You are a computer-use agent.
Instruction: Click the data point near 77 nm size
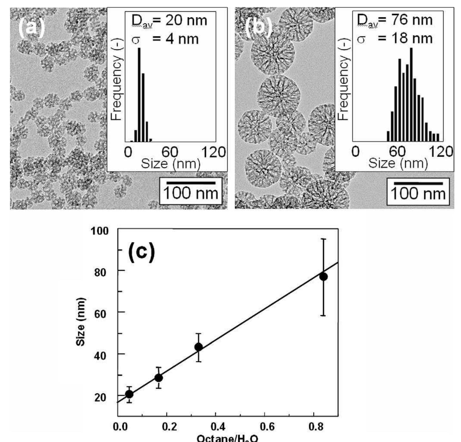click(323, 277)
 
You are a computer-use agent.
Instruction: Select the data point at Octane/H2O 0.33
click(199, 347)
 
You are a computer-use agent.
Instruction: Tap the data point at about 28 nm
click(158, 378)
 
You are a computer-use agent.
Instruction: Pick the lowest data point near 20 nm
click(129, 394)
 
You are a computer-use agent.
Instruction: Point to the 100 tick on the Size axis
click(99, 231)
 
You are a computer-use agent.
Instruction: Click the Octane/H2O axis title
click(228, 438)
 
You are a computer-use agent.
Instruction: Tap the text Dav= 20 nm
click(169, 21)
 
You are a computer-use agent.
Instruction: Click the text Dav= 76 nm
click(395, 20)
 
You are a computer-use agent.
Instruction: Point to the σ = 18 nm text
click(395, 39)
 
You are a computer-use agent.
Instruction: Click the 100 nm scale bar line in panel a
click(191, 183)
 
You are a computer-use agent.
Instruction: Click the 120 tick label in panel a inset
click(213, 152)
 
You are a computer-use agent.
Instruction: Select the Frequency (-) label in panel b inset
click(343, 79)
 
